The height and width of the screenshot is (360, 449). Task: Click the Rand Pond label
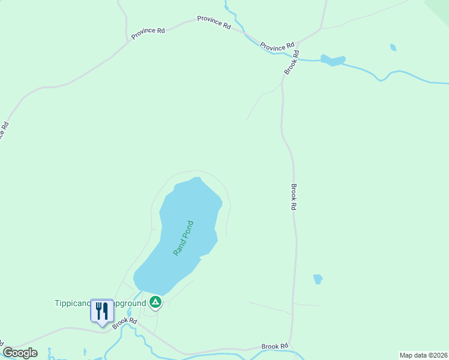(x=184, y=238)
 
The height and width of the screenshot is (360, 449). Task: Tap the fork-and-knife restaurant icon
(x=102, y=311)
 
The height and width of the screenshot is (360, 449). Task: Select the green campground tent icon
(x=155, y=302)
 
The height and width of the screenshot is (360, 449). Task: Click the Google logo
(x=20, y=353)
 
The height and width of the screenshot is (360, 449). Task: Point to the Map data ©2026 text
(x=423, y=355)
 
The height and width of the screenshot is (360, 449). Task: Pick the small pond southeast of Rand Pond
(x=318, y=279)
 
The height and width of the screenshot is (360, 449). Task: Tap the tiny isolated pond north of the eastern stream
(x=393, y=47)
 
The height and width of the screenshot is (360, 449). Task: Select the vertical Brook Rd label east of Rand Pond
(x=294, y=196)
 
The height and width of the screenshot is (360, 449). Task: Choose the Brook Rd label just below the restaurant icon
(x=125, y=322)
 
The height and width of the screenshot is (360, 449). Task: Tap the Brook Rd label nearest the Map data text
(x=275, y=346)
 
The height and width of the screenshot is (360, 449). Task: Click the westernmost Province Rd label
(x=148, y=34)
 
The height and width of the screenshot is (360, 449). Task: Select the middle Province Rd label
(x=214, y=23)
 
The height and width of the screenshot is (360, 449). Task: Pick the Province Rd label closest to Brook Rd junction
(x=277, y=44)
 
